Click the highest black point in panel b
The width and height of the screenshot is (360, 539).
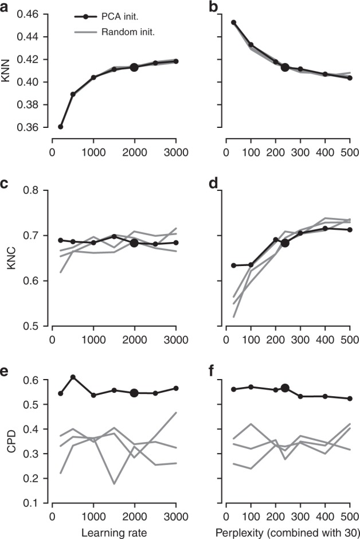pyautogui.click(x=234, y=22)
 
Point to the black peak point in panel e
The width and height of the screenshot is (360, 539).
pyautogui.click(x=72, y=377)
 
